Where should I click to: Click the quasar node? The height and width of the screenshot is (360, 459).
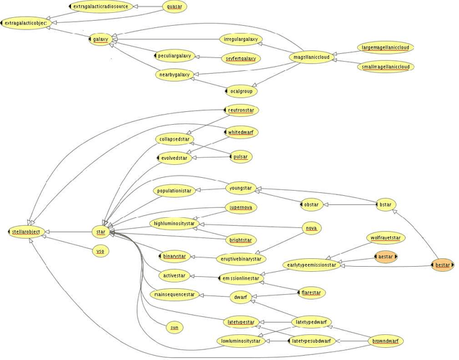tap(174, 6)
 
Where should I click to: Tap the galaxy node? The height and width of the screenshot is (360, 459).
tap(100, 39)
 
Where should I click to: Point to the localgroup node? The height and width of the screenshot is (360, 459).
tap(242, 91)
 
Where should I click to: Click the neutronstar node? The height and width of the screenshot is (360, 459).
tap(242, 110)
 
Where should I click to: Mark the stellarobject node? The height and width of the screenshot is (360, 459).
tap(27, 231)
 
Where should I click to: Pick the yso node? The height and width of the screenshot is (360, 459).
tap(100, 251)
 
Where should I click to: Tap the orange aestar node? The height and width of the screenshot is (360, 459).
tap(385, 256)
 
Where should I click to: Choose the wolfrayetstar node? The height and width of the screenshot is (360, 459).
tap(384, 237)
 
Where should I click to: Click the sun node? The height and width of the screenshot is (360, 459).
tap(174, 327)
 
